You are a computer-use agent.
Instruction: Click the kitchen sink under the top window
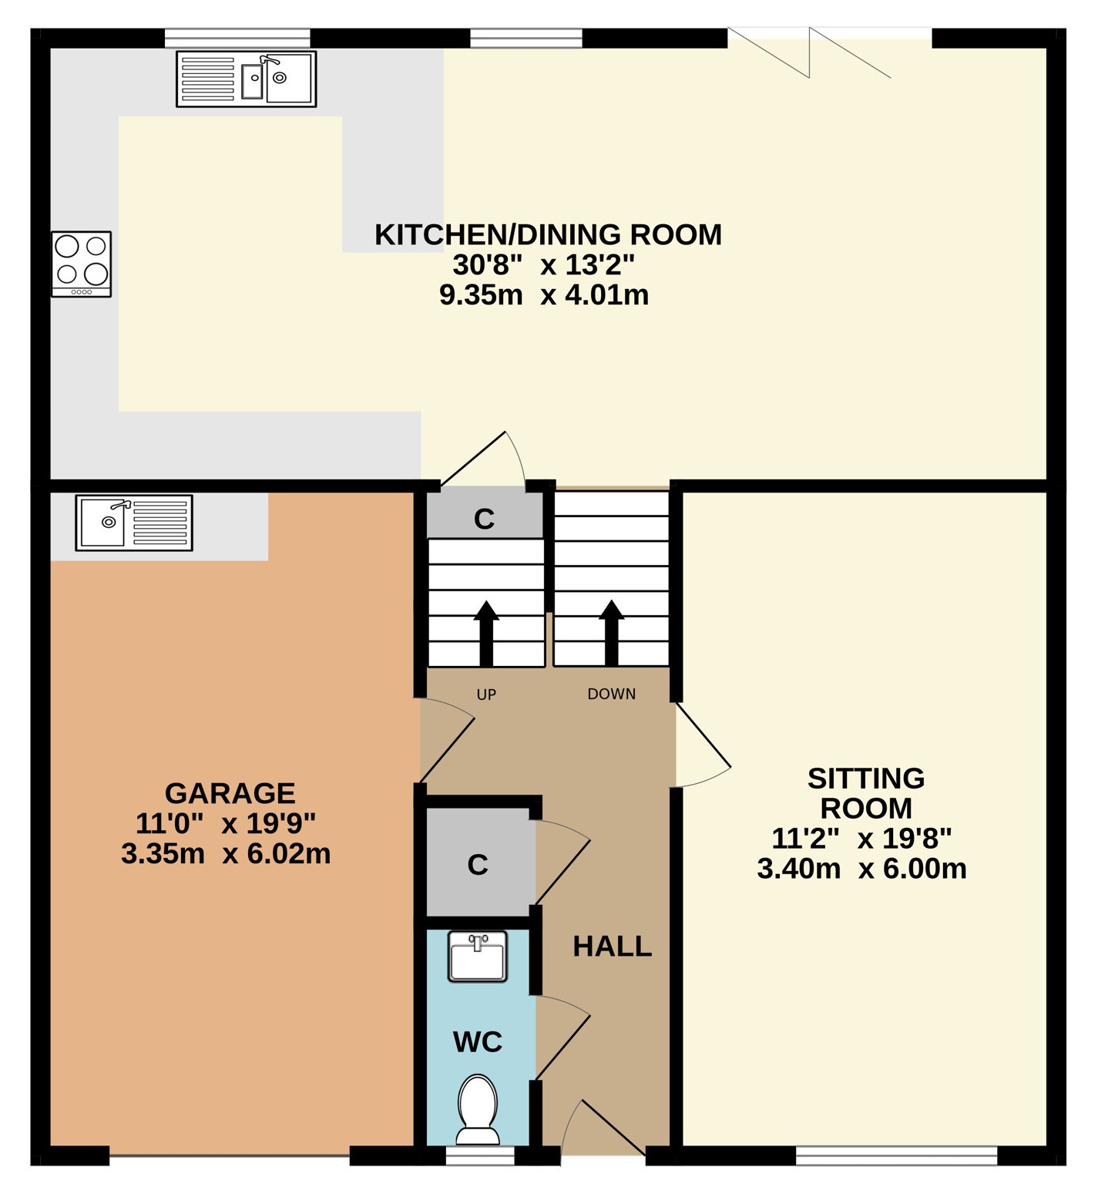pos(246,79)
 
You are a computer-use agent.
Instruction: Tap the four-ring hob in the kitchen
pos(82,264)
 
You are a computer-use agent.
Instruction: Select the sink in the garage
pos(134,523)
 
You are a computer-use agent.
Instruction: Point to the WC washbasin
pos(478,957)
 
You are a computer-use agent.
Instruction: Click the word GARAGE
pos(230,793)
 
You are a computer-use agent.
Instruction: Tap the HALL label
pos(613,946)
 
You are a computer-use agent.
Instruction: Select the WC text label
pos(478,1042)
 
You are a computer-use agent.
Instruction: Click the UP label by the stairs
pos(486,695)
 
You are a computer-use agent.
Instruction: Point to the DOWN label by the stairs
pos(612,694)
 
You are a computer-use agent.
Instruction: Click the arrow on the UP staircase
pos(486,633)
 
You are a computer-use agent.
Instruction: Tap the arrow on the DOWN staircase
pos(612,633)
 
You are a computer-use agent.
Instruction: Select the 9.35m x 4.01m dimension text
pos(544,294)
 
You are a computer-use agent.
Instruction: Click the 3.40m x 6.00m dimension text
pos(861,869)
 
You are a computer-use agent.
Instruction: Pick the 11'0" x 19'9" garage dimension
pos(226,823)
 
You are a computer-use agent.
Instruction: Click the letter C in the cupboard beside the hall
pos(478,865)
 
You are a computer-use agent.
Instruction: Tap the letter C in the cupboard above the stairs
pos(484,520)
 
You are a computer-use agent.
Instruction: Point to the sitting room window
pos(896,1155)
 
